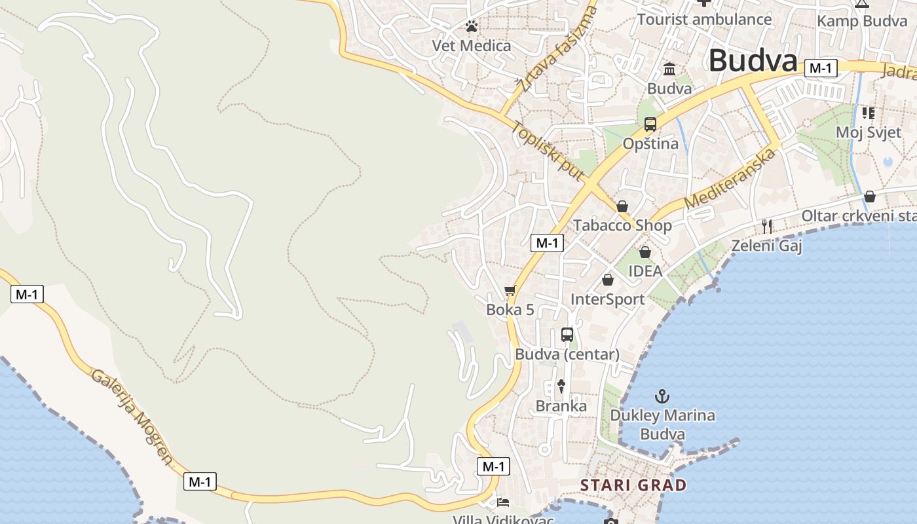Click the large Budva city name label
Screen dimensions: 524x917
click(753, 61)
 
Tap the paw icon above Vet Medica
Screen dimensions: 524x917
click(472, 26)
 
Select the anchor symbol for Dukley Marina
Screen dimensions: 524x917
click(662, 396)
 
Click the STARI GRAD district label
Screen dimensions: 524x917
click(633, 485)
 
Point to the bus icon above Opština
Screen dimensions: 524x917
click(650, 124)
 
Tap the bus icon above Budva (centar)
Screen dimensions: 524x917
click(567, 335)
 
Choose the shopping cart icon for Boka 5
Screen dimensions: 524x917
click(510, 290)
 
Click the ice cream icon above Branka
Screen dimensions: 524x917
click(561, 386)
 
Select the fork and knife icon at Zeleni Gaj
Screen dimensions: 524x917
click(767, 227)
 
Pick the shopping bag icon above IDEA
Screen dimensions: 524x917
click(645, 252)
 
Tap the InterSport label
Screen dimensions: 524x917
click(607, 299)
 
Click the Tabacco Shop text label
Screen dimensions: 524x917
click(622, 225)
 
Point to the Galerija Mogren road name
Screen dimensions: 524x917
click(132, 416)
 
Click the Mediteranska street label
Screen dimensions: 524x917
click(730, 179)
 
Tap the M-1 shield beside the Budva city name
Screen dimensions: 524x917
click(821, 68)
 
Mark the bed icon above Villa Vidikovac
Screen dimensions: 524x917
click(503, 502)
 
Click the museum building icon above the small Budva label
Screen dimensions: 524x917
click(669, 69)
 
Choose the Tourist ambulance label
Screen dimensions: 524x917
click(704, 19)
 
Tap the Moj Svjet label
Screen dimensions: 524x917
click(868, 132)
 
